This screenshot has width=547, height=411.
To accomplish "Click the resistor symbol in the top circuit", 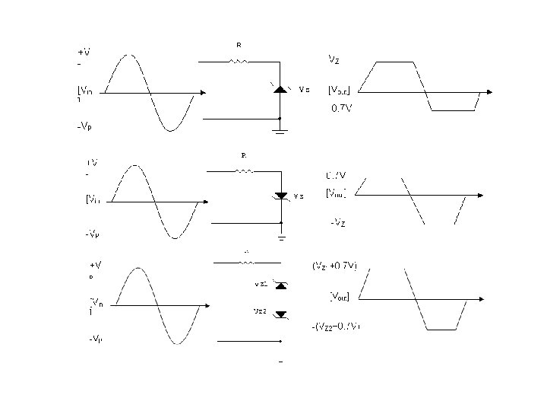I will click(x=240, y=60).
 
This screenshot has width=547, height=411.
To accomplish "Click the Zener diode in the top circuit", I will click(x=280, y=89).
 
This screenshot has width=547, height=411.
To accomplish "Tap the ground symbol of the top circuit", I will click(x=280, y=131).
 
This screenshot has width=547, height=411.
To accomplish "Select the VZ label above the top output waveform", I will click(x=334, y=58).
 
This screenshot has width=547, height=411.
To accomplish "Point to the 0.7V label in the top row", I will click(x=341, y=108).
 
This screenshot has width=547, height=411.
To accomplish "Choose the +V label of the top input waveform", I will click(x=84, y=53).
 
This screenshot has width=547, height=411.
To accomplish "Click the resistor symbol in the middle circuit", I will click(x=245, y=171).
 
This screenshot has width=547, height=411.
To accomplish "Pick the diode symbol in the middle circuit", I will click(x=281, y=196).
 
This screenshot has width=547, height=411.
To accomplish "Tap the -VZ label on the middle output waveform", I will click(x=339, y=222).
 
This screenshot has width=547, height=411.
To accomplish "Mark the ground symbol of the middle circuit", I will click(x=280, y=237).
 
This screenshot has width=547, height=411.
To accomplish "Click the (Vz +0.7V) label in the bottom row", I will click(x=335, y=266).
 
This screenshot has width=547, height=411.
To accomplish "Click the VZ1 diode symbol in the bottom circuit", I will click(x=281, y=285).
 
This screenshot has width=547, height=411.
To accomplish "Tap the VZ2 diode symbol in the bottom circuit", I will click(x=281, y=313).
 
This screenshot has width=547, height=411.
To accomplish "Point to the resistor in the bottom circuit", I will click(x=247, y=263).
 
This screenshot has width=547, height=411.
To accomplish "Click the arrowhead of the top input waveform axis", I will click(x=201, y=93).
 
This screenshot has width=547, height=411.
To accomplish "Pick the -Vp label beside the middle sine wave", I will click(x=92, y=234).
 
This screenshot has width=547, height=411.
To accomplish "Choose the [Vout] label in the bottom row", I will click(x=339, y=295).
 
